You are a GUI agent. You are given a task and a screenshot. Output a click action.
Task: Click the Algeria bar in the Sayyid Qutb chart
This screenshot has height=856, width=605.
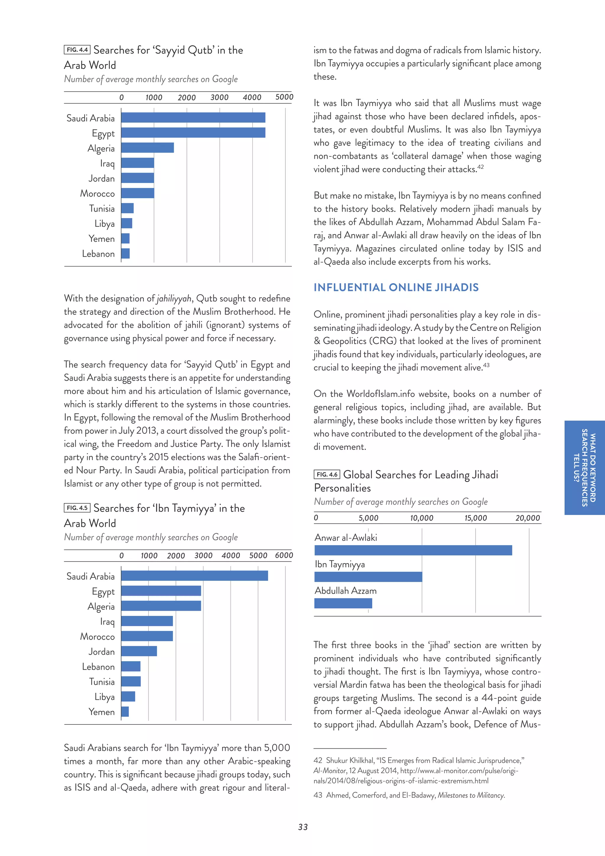[147, 147]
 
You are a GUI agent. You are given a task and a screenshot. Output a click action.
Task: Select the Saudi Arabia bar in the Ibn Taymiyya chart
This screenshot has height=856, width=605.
[194, 575]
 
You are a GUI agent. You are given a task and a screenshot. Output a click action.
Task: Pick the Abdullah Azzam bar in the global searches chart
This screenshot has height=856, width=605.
[343, 603]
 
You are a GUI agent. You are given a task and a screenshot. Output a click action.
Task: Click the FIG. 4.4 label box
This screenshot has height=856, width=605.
[77, 50]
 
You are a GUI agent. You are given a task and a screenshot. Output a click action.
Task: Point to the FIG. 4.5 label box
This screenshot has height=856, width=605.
[77, 508]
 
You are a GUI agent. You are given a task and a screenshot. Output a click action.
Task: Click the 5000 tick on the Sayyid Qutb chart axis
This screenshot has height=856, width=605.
[284, 97]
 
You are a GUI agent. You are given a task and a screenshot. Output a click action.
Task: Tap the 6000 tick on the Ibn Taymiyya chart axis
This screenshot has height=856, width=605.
[284, 555]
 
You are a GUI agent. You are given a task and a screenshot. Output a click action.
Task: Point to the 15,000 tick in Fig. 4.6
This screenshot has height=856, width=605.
[475, 518]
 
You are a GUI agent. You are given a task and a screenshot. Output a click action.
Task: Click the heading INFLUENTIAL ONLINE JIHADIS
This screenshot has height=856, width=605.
[396, 287]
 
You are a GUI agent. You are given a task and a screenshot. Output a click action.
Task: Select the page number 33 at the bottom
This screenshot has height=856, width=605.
[303, 827]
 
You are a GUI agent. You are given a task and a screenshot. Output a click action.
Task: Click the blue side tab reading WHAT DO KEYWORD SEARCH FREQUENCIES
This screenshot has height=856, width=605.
[585, 468]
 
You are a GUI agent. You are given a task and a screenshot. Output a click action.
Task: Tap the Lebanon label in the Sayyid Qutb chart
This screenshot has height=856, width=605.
[98, 254]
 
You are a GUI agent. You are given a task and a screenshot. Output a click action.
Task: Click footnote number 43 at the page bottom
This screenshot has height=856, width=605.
[318, 795]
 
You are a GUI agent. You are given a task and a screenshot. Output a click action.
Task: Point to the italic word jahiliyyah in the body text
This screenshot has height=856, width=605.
[174, 299]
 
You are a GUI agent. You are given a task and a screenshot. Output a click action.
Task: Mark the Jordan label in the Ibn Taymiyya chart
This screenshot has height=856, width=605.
[101, 651]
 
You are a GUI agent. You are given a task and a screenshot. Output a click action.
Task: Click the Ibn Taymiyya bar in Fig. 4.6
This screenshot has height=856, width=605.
[368, 577]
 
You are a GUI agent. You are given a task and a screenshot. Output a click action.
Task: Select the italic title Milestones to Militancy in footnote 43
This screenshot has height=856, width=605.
[471, 795]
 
